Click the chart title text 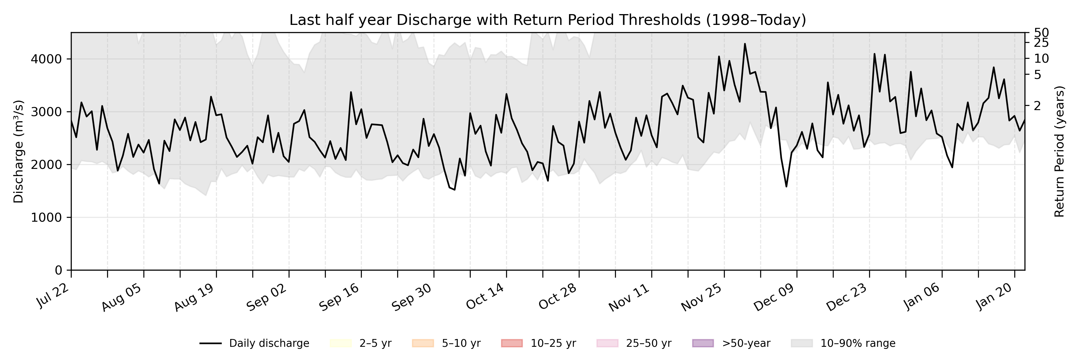547,20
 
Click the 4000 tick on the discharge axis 46,59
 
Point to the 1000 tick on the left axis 46,217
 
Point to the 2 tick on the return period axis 1037,106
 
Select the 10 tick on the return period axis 1041,59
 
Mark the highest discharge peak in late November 745,43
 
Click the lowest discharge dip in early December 786,187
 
